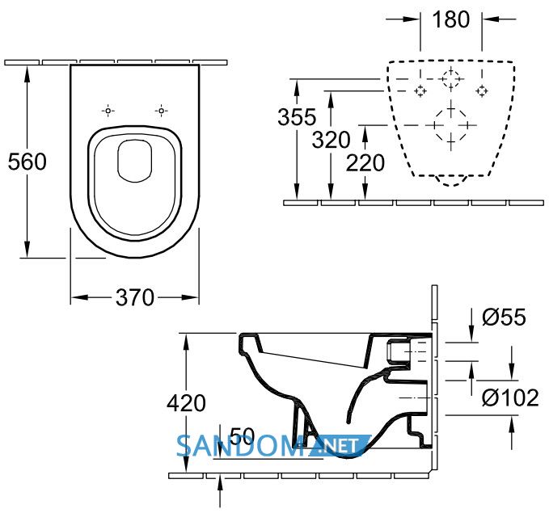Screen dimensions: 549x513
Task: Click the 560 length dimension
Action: pyautogui.click(x=27, y=162)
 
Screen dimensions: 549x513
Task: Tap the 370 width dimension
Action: pyautogui.click(x=135, y=297)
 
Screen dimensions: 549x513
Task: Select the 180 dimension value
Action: pyautogui.click(x=451, y=19)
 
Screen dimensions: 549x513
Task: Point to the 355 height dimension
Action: pyautogui.click(x=297, y=117)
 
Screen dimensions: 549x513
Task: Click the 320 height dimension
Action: pyautogui.click(x=331, y=140)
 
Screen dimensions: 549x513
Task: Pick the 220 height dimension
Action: pyautogui.click(x=365, y=163)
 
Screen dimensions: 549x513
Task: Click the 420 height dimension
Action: pyautogui.click(x=186, y=403)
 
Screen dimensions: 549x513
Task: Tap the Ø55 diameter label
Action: pyautogui.click(x=504, y=317)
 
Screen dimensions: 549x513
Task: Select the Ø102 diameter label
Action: pyautogui.click(x=510, y=397)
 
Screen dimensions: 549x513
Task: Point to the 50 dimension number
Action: pyautogui.click(x=243, y=436)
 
